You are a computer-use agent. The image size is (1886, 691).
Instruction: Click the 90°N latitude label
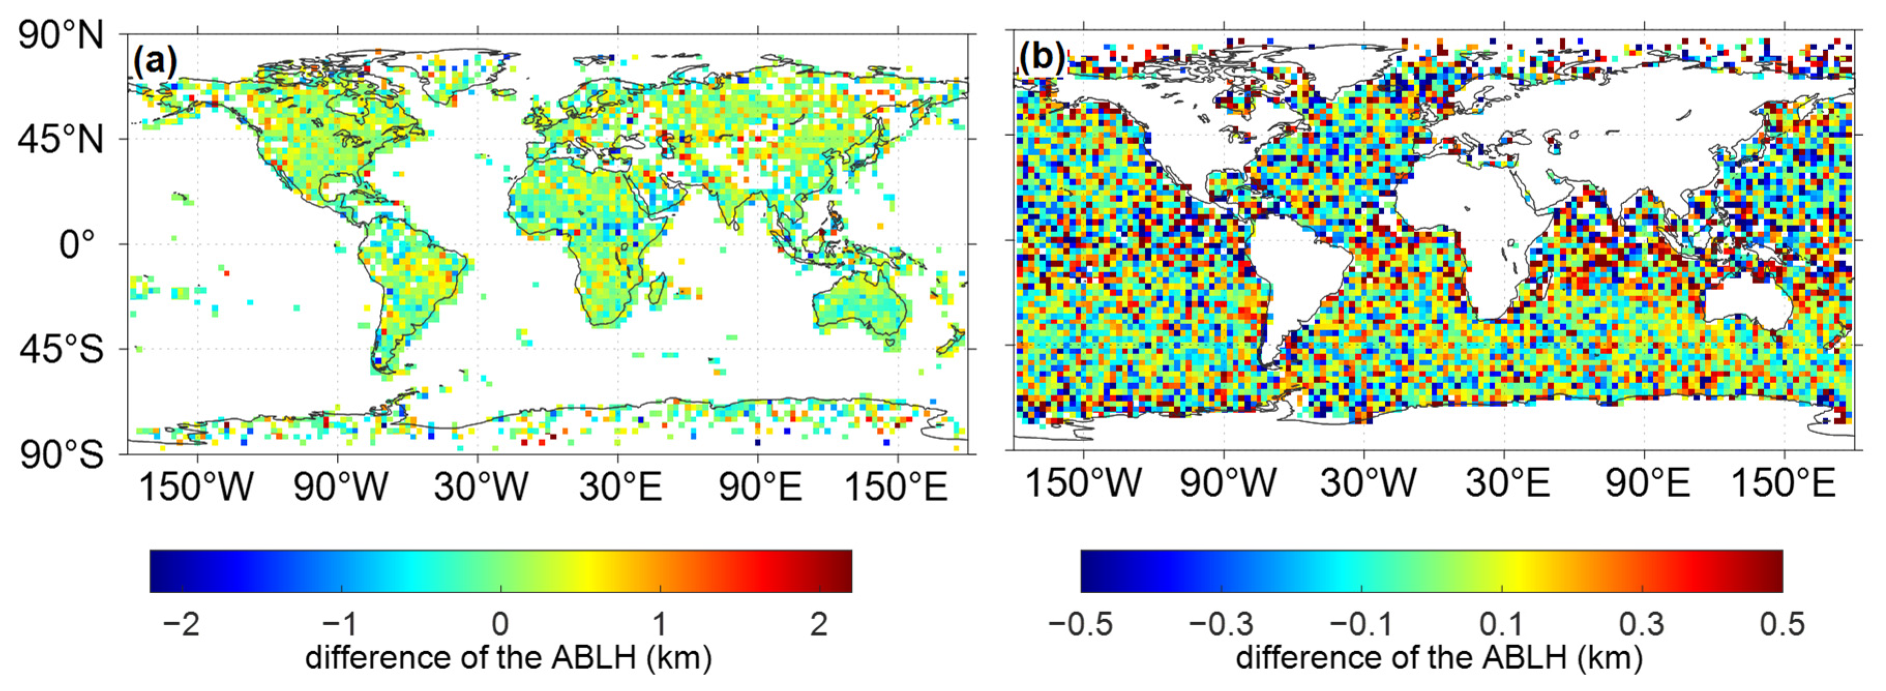(x=62, y=35)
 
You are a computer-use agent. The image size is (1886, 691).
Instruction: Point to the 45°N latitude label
(x=62, y=139)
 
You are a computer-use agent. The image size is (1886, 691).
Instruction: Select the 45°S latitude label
(x=62, y=349)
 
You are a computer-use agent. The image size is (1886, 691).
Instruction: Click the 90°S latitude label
(x=62, y=455)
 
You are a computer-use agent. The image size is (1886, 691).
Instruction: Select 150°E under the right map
(x=1784, y=483)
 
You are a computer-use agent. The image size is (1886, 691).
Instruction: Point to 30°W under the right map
(x=1368, y=483)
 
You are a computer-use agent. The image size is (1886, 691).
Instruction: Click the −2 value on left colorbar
(x=181, y=624)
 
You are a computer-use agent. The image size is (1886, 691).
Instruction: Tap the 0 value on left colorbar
(x=500, y=624)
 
